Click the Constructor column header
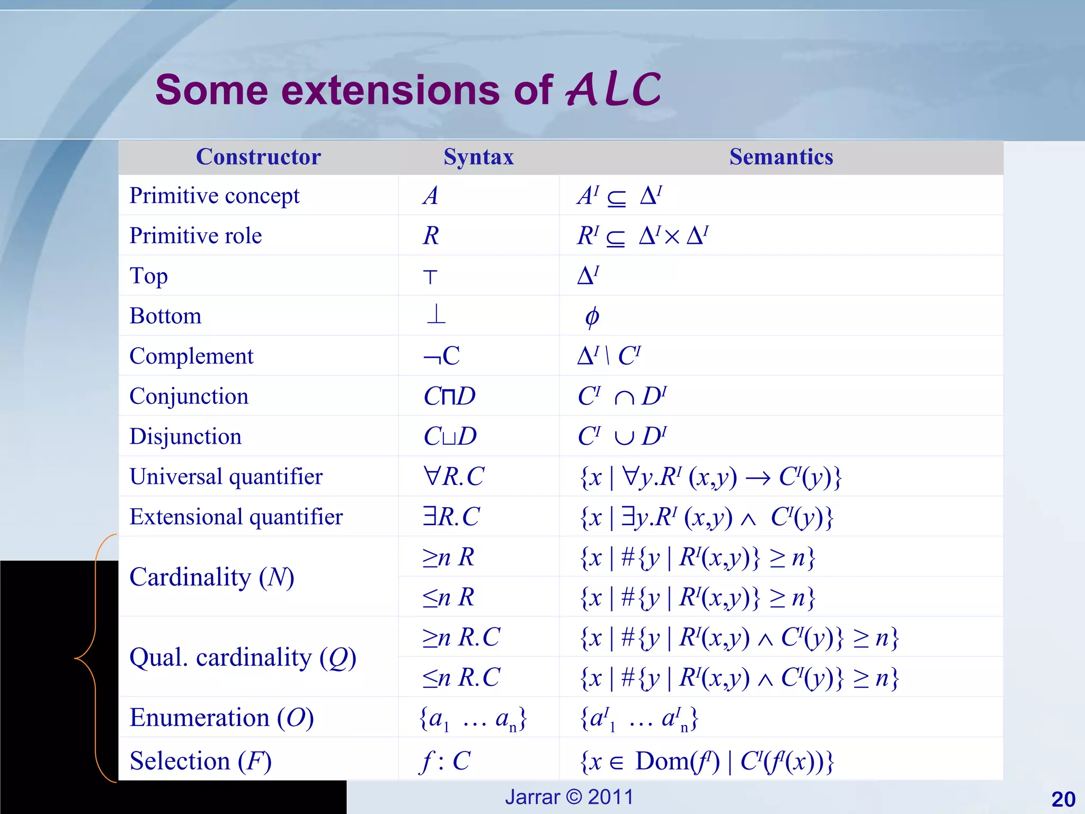(259, 157)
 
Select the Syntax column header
(478, 157)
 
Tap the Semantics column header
(781, 157)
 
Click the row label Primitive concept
(215, 196)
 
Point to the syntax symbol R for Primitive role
(431, 236)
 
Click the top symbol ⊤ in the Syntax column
(430, 277)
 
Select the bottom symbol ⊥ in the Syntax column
(435, 315)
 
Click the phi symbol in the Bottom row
(592, 316)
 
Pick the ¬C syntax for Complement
(441, 356)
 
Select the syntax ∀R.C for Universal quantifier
(453, 476)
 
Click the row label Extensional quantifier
(236, 517)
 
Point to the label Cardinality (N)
(211, 577)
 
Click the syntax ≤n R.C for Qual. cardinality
(461, 677)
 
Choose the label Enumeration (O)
(221, 718)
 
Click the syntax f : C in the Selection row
(445, 761)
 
